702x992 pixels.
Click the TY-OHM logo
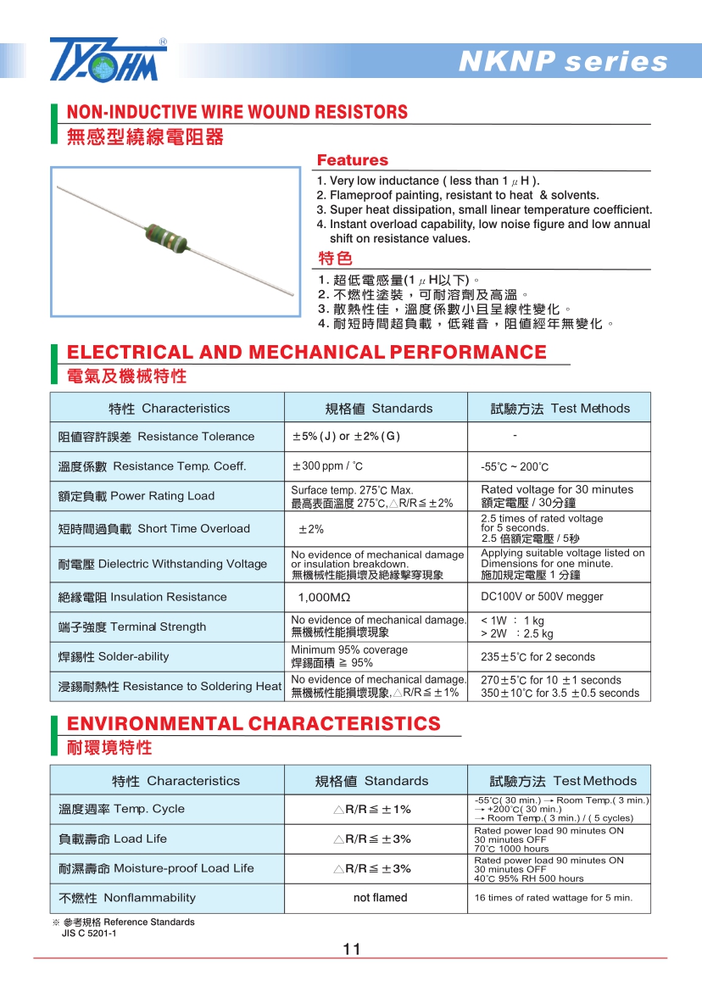point(109,59)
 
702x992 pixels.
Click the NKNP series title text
point(562,62)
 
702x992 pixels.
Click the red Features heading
point(352,160)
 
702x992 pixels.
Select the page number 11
point(352,949)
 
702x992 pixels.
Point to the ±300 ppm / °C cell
point(327,466)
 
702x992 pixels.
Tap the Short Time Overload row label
point(154,529)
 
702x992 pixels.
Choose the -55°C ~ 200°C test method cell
point(515,467)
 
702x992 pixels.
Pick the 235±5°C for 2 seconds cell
point(538,657)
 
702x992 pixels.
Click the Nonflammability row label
point(127,898)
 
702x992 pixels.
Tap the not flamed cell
point(380,898)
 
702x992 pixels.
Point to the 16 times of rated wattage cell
point(553,898)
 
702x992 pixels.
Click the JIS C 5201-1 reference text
point(89,933)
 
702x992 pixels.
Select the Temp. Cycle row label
point(121,809)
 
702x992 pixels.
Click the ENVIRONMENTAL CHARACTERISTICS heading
point(253,723)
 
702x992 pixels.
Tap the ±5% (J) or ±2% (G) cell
point(345,437)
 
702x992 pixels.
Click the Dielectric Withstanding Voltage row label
point(163,564)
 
